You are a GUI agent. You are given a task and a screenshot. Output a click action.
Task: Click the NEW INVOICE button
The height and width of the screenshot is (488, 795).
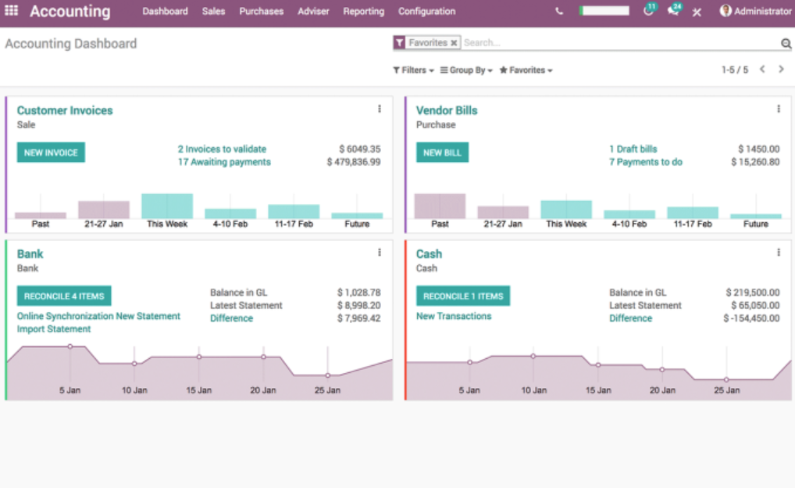click(51, 152)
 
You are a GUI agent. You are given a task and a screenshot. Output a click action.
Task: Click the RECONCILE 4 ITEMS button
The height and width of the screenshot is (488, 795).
click(64, 296)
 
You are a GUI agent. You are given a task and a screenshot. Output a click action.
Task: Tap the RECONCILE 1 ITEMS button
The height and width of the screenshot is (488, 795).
click(463, 296)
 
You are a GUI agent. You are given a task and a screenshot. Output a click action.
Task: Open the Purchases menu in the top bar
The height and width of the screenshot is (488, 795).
click(261, 12)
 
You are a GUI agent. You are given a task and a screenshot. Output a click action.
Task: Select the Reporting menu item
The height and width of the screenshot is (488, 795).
click(363, 12)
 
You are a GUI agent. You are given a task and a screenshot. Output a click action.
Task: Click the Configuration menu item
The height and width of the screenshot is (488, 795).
click(426, 12)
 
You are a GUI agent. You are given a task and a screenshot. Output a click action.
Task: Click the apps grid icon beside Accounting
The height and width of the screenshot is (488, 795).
click(12, 11)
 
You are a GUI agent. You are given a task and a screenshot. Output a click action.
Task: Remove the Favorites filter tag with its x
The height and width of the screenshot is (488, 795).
click(454, 43)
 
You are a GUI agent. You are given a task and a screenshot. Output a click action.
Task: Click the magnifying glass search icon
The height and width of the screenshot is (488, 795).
click(786, 44)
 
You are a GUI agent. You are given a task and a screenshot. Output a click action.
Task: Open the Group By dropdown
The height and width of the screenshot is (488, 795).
click(466, 70)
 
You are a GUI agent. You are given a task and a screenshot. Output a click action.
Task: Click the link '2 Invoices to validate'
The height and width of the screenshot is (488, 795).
click(222, 149)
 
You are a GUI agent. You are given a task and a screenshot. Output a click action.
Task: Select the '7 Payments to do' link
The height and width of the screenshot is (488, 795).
click(646, 162)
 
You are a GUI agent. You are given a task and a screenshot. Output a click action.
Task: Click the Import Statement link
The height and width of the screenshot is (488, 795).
click(54, 329)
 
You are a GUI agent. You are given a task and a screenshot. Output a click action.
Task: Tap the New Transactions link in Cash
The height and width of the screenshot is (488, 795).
click(454, 316)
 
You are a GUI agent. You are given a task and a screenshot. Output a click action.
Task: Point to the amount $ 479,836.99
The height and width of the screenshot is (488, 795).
click(354, 162)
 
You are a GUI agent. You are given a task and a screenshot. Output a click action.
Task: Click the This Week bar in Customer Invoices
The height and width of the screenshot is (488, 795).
click(167, 206)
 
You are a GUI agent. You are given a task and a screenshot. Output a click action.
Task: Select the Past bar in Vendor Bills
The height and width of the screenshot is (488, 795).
click(440, 206)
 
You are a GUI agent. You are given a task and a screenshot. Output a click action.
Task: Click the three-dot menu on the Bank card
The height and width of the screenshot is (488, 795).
click(380, 253)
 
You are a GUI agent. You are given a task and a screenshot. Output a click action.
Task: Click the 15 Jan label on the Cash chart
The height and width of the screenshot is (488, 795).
click(597, 389)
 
